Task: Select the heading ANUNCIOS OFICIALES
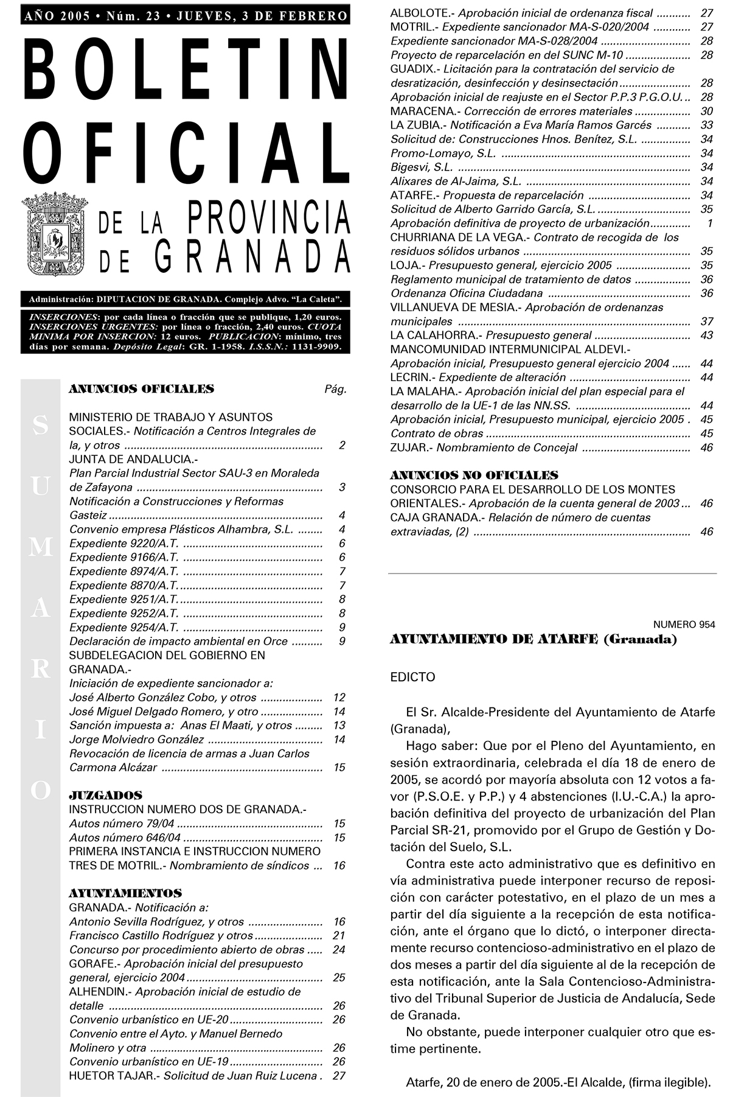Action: pos(141,389)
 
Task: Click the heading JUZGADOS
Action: pos(105,795)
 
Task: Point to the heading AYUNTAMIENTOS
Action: pos(125,893)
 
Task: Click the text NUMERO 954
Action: pos(684,624)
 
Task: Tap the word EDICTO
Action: pos(412,677)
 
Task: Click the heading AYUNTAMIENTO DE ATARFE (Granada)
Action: pos(533,639)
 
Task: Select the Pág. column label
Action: pos(335,390)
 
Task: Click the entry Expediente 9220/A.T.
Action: pos(123,543)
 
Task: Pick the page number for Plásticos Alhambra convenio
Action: pos(342,529)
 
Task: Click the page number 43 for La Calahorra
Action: pos(706,335)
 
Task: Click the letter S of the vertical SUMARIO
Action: pos(40,426)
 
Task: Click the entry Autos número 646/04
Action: pos(125,837)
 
